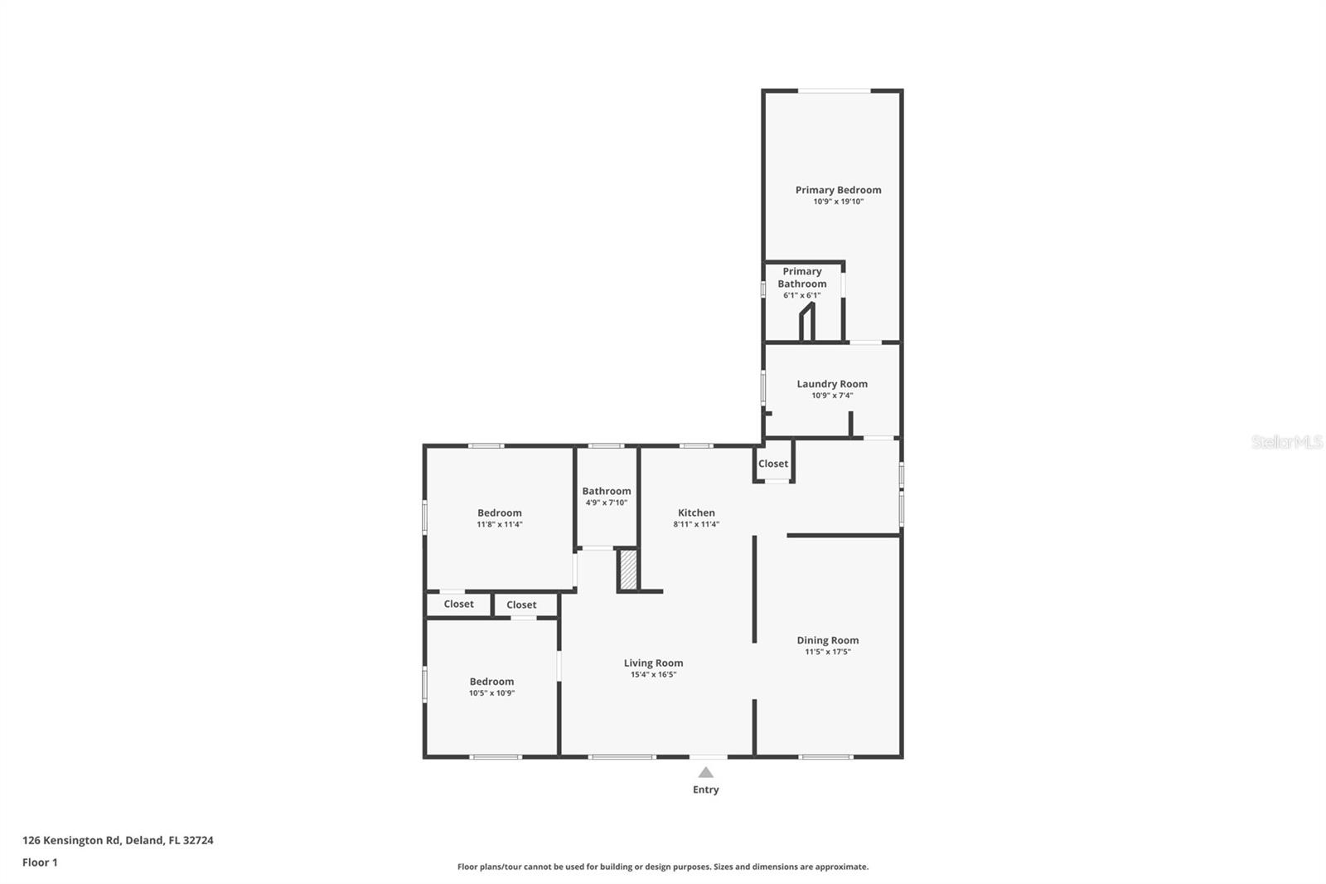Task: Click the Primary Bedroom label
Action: point(838,190)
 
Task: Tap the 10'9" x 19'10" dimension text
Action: point(838,202)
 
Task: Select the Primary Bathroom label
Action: point(802,277)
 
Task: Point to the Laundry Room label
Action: point(832,384)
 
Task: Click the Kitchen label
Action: point(696,512)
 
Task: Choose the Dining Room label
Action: point(828,640)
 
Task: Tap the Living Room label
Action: point(654,663)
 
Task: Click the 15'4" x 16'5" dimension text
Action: point(654,674)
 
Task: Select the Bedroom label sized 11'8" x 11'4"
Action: point(500,513)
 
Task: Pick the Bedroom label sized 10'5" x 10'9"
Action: point(492,682)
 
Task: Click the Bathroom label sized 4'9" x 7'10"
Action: point(607,491)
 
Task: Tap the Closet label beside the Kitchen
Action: point(773,464)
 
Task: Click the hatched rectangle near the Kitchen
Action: point(628,570)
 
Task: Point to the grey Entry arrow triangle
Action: point(705,773)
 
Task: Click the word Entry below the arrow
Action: point(705,789)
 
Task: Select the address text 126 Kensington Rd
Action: point(71,840)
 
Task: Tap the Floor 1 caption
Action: point(41,862)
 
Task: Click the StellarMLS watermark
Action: point(1286,442)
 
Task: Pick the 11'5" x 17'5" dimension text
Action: point(828,652)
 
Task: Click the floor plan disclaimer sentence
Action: point(663,867)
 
